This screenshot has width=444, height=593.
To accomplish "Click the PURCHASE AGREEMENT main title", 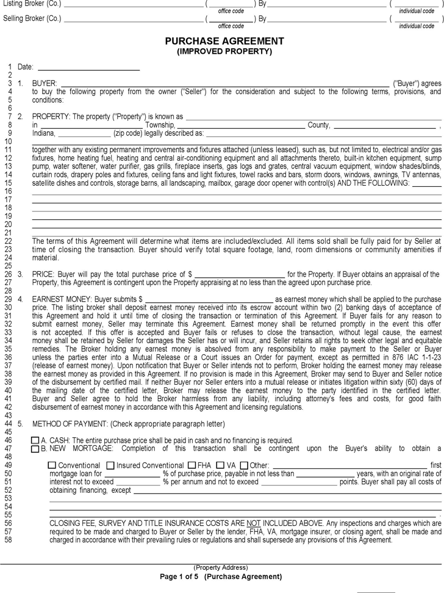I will tap(224, 41).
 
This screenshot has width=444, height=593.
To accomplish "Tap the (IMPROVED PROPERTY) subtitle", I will tap(224, 51).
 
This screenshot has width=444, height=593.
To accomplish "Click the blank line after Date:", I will tap(88, 67).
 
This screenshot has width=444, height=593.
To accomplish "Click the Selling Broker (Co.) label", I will tap(32, 18).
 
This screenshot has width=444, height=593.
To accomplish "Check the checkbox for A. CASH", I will tap(35, 440).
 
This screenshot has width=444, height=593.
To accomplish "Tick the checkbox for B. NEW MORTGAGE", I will tap(35, 449).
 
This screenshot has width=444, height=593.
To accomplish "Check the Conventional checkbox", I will tap(52, 465).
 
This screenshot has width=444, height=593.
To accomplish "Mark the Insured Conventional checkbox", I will tap(110, 465).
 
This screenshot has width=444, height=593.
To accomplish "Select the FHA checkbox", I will tap(192, 465).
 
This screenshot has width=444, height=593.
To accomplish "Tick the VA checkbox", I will tap(221, 465).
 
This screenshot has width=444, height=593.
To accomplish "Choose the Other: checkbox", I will tap(244, 465).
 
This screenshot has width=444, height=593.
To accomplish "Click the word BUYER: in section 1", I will tap(45, 84).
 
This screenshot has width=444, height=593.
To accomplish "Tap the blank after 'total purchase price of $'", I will tap(239, 274).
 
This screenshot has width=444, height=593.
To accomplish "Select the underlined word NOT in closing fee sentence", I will tap(254, 523).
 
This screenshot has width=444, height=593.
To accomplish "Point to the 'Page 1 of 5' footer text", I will tap(181, 577).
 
